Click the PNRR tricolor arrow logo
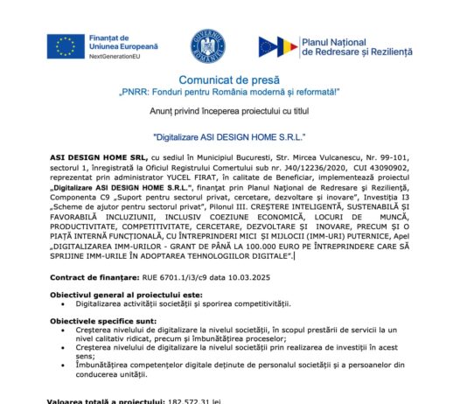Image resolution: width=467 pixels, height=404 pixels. point(276,46)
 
